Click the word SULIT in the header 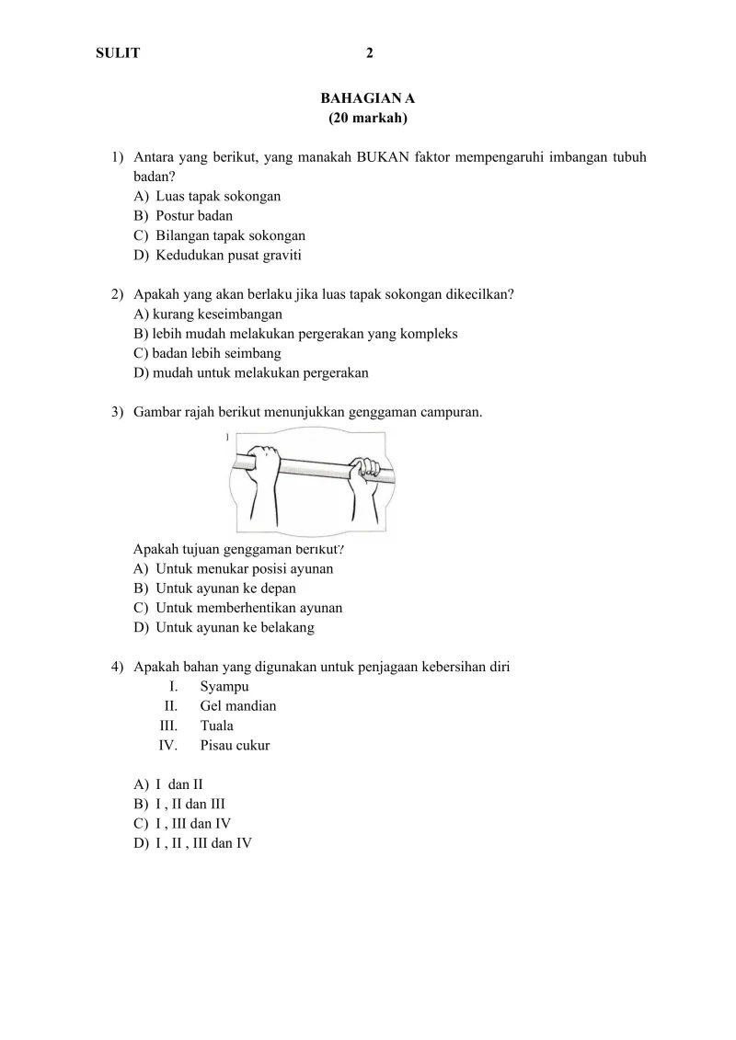(118, 53)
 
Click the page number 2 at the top (370, 53)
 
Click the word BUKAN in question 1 (379, 157)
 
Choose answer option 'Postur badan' (193, 216)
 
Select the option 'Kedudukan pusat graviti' (228, 256)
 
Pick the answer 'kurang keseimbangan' (207, 314)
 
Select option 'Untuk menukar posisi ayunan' (244, 568)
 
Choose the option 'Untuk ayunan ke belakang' (235, 627)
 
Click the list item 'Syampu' (224, 686)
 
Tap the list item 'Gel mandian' (237, 706)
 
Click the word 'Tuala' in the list (216, 726)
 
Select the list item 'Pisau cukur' (235, 746)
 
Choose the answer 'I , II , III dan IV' (203, 842)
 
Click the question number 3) (118, 412)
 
